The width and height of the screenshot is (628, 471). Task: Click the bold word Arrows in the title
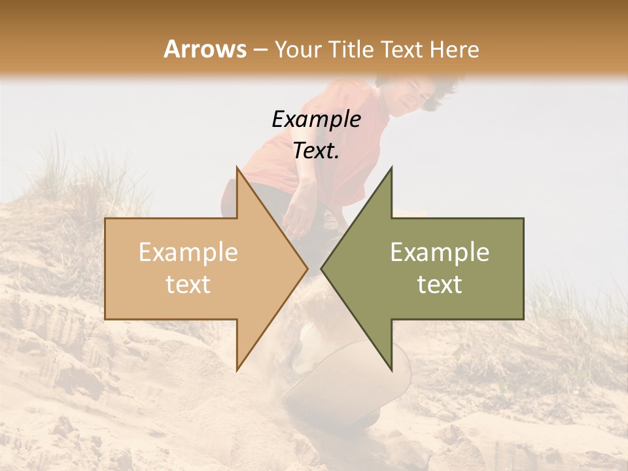tap(205, 49)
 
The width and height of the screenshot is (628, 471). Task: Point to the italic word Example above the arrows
tap(316, 120)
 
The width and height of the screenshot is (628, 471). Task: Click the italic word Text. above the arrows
tap(316, 151)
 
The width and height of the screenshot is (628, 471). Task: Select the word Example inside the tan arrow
tap(188, 252)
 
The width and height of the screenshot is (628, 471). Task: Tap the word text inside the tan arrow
tap(188, 285)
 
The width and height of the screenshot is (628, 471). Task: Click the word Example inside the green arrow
tap(440, 252)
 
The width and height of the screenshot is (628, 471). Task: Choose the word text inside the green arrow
tap(440, 285)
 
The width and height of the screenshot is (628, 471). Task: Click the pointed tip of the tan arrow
tap(307, 268)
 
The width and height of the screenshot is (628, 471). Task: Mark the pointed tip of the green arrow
tap(322, 268)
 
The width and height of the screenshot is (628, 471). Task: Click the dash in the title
tap(260, 50)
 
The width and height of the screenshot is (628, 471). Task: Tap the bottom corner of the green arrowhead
tap(391, 370)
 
